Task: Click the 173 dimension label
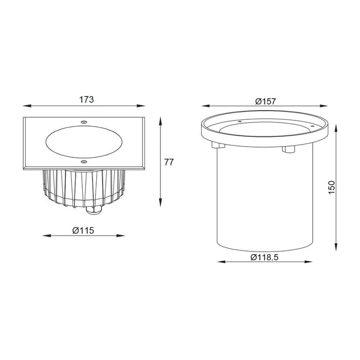pyautogui.click(x=86, y=99)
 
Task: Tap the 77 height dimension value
pyautogui.click(x=169, y=162)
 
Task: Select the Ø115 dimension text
pyautogui.click(x=83, y=230)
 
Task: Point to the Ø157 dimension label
pyautogui.click(x=265, y=101)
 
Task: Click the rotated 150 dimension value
pyautogui.click(x=332, y=187)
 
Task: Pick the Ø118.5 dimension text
pyautogui.click(x=264, y=257)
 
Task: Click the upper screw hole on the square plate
pyautogui.click(x=84, y=122)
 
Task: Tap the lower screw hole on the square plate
pyautogui.click(x=84, y=162)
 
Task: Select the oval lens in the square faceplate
pyautogui.click(x=84, y=142)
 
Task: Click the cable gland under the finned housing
pyautogui.click(x=94, y=210)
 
